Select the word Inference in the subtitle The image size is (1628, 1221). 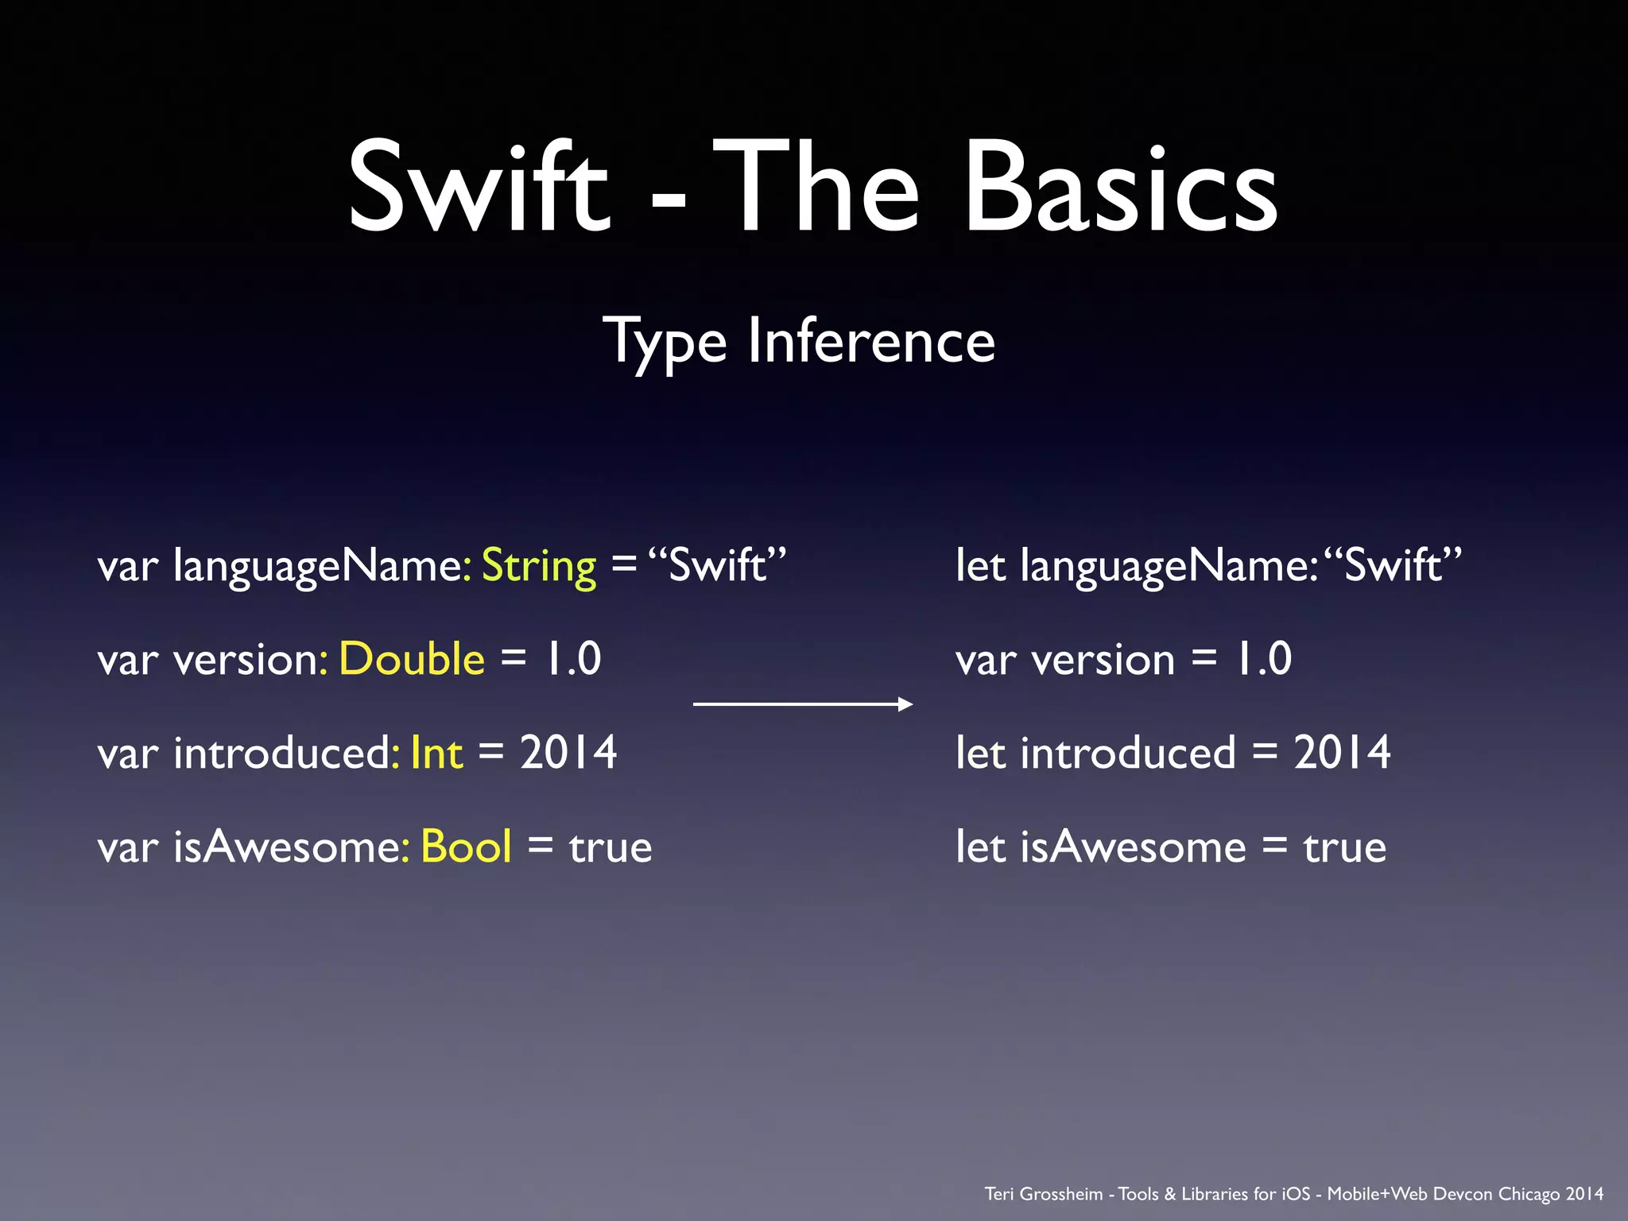[x=871, y=341]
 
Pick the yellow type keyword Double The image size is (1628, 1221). [x=412, y=659]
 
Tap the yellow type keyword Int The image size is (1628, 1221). [x=436, y=753]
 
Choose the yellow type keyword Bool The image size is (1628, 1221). [x=466, y=847]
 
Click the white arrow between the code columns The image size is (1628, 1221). [x=803, y=704]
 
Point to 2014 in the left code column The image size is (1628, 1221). [x=568, y=753]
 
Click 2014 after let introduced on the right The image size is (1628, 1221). [x=1342, y=753]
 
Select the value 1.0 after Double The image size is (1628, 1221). [x=572, y=659]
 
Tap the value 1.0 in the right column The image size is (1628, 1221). [x=1262, y=659]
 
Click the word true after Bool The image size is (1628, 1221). [x=610, y=847]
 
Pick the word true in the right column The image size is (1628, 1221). [x=1345, y=847]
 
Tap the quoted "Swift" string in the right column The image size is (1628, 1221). [x=1393, y=566]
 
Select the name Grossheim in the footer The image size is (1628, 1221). [x=1060, y=1194]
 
